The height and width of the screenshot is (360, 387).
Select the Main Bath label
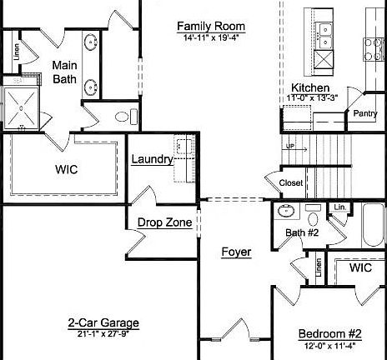tap(65, 72)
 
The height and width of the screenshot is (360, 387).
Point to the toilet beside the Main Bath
tap(122, 117)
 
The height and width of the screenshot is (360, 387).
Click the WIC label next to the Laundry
tap(67, 168)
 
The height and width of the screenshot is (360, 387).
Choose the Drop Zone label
tap(164, 222)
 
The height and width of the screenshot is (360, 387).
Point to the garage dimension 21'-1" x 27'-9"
tap(103, 333)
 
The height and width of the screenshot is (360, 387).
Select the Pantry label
tap(365, 113)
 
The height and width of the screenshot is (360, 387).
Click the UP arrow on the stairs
tap(291, 147)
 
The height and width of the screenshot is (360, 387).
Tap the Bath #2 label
tap(302, 232)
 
